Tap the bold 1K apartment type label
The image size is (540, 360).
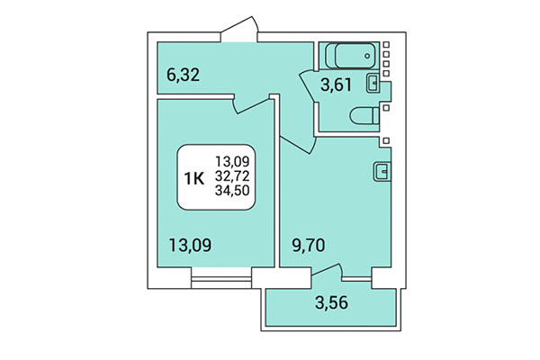click(193, 178)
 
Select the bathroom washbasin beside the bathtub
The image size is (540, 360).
click(373, 84)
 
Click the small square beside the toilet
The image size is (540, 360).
click(386, 107)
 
